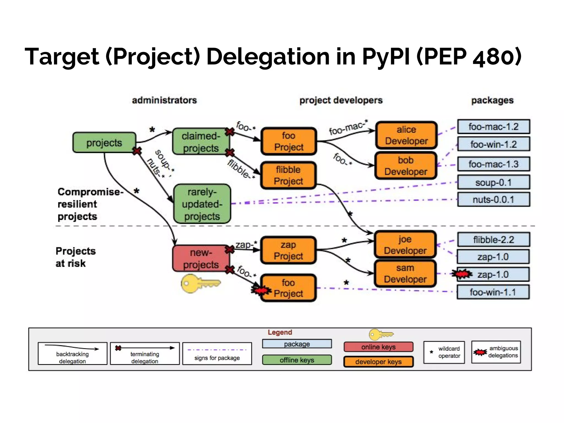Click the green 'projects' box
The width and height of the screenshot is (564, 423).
[104, 143]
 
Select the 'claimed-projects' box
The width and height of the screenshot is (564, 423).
[201, 142]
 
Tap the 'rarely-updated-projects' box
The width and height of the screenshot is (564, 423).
[202, 204]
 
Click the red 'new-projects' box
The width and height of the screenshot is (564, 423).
[201, 258]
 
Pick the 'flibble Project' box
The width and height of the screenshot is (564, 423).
[288, 175]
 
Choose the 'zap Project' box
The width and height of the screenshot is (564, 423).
[288, 250]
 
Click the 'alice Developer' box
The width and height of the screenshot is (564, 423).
[406, 135]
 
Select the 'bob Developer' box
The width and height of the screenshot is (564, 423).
[406, 166]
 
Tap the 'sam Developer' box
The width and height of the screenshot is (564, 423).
[405, 273]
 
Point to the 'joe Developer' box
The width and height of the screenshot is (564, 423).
[405, 245]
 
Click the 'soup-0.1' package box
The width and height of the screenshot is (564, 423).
[493, 182]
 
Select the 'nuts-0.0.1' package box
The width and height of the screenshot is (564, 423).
[493, 199]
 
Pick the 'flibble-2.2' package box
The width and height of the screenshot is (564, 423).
[493, 240]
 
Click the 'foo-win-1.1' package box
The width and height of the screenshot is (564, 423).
[493, 292]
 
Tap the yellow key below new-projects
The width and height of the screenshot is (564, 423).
[199, 283]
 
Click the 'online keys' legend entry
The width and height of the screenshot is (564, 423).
[378, 347]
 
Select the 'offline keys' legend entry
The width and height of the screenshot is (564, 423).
[297, 360]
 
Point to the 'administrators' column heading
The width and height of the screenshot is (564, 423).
[164, 100]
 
